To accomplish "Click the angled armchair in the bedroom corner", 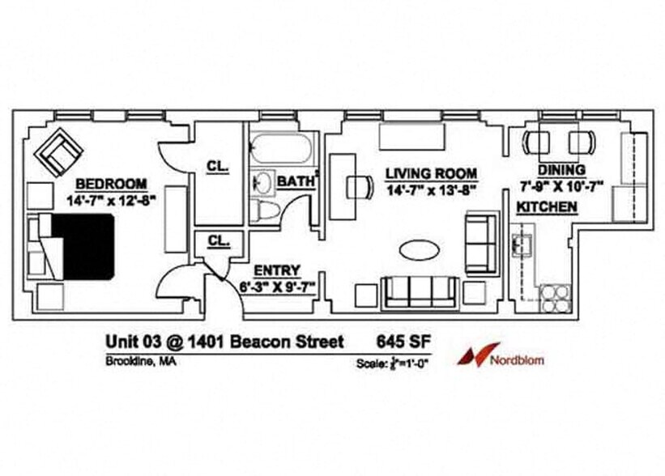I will (60, 151).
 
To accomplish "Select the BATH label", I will (296, 182).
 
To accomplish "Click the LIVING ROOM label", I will (430, 173).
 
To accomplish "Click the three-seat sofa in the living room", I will (419, 291).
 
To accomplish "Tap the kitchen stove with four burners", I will (554, 299).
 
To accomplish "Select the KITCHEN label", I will (547, 208).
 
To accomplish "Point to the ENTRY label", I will (277, 270).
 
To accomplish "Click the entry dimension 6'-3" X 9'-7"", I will (277, 285).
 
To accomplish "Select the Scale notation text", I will (393, 363).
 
